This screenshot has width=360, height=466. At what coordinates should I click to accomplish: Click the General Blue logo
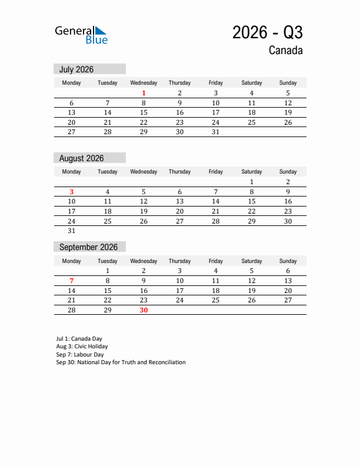tap(81, 35)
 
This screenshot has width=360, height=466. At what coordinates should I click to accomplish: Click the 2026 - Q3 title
tap(268, 32)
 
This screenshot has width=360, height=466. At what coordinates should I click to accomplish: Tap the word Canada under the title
tap(286, 51)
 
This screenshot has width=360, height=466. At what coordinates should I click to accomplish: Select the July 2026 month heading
tap(76, 69)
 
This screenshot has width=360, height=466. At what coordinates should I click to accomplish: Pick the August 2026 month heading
tap(81, 158)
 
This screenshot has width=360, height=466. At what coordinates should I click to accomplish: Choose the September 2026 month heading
tap(88, 247)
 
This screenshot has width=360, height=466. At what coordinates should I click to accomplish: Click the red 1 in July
tap(144, 93)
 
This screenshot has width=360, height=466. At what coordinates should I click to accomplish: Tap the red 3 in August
tap(72, 191)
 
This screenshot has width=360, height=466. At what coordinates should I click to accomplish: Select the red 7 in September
tap(72, 281)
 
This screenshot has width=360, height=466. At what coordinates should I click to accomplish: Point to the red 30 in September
tap(144, 310)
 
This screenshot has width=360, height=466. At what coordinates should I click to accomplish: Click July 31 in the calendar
tap(215, 132)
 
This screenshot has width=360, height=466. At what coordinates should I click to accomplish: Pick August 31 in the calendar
tap(72, 231)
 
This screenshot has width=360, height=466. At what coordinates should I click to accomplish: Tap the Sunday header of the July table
tap(288, 83)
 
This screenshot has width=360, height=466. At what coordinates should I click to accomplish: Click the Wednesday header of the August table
tap(144, 172)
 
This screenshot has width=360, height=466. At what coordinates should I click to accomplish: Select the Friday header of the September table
tap(215, 261)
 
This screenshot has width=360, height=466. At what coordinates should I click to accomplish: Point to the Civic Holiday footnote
tap(82, 347)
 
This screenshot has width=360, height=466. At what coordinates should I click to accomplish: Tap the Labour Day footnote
tap(80, 355)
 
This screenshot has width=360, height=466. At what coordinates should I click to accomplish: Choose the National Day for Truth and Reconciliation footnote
tap(121, 362)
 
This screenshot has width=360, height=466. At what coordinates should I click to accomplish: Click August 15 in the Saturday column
tap(252, 201)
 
